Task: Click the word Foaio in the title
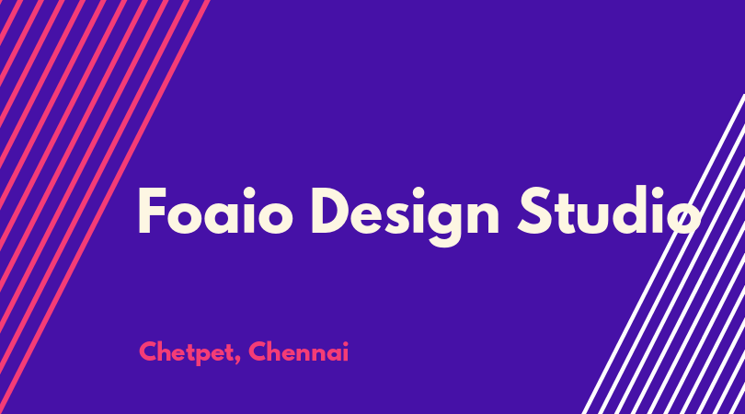(214, 211)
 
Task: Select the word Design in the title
(406, 216)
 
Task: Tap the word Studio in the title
(609, 210)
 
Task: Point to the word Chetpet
(185, 352)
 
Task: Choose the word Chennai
(298, 351)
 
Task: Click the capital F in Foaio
(152, 211)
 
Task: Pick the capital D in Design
(333, 211)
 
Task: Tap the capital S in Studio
(535, 210)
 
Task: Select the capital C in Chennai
(258, 351)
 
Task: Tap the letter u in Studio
(595, 218)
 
